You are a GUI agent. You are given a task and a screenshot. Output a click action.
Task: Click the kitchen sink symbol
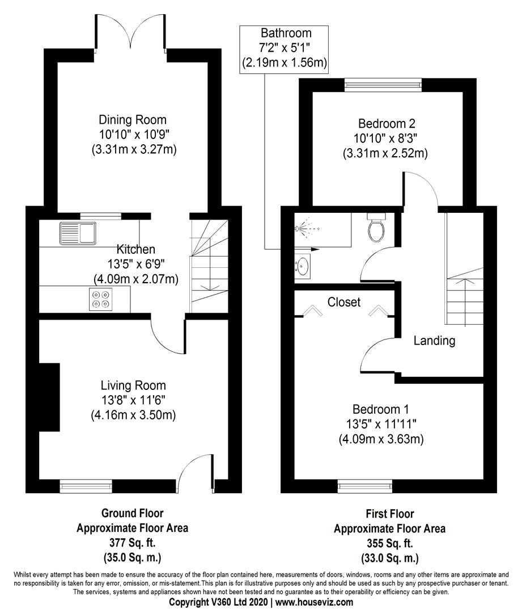(78, 232)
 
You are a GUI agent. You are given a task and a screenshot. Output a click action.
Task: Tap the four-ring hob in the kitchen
(101, 299)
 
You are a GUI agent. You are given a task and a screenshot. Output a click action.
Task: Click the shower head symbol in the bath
(300, 229)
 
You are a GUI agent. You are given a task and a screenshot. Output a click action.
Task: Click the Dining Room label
(133, 120)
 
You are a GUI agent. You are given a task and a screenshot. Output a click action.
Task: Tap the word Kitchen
(135, 249)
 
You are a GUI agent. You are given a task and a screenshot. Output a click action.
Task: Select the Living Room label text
(133, 385)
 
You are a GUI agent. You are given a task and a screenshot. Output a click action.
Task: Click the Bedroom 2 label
(384, 123)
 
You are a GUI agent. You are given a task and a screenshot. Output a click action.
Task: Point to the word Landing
(434, 341)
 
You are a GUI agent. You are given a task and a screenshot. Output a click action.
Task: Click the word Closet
(343, 303)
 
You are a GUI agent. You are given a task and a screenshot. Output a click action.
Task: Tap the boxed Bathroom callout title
(286, 33)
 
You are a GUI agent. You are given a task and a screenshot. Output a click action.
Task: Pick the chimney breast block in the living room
(50, 397)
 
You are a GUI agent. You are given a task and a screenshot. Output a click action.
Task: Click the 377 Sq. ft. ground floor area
(132, 541)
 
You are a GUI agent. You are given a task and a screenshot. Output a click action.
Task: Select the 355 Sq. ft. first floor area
(389, 543)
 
